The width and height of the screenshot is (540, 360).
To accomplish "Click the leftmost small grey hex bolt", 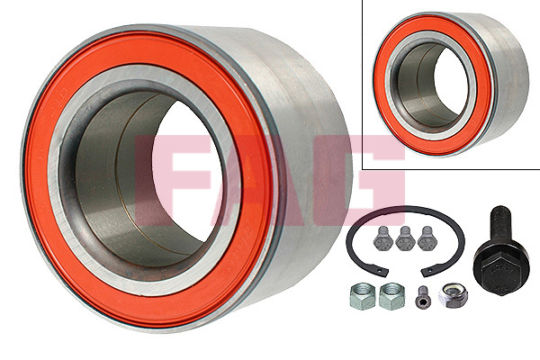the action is click(382, 238).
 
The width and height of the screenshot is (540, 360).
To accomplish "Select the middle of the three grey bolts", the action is click(405, 238).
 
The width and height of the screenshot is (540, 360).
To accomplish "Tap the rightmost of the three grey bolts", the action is click(427, 238).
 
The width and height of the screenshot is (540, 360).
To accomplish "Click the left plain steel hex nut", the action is click(362, 296).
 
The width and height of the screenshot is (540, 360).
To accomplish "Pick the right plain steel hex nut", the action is click(391, 296).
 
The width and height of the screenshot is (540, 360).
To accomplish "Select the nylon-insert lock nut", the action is click(451, 295).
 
